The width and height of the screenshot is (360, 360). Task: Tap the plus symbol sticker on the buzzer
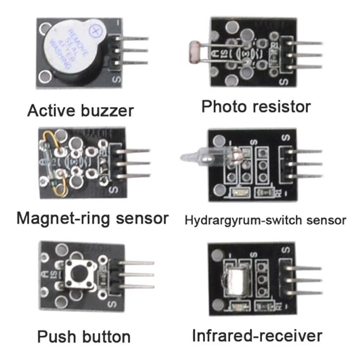pos(95,30)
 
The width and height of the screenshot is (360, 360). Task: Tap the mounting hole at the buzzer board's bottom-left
pos(44,77)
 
